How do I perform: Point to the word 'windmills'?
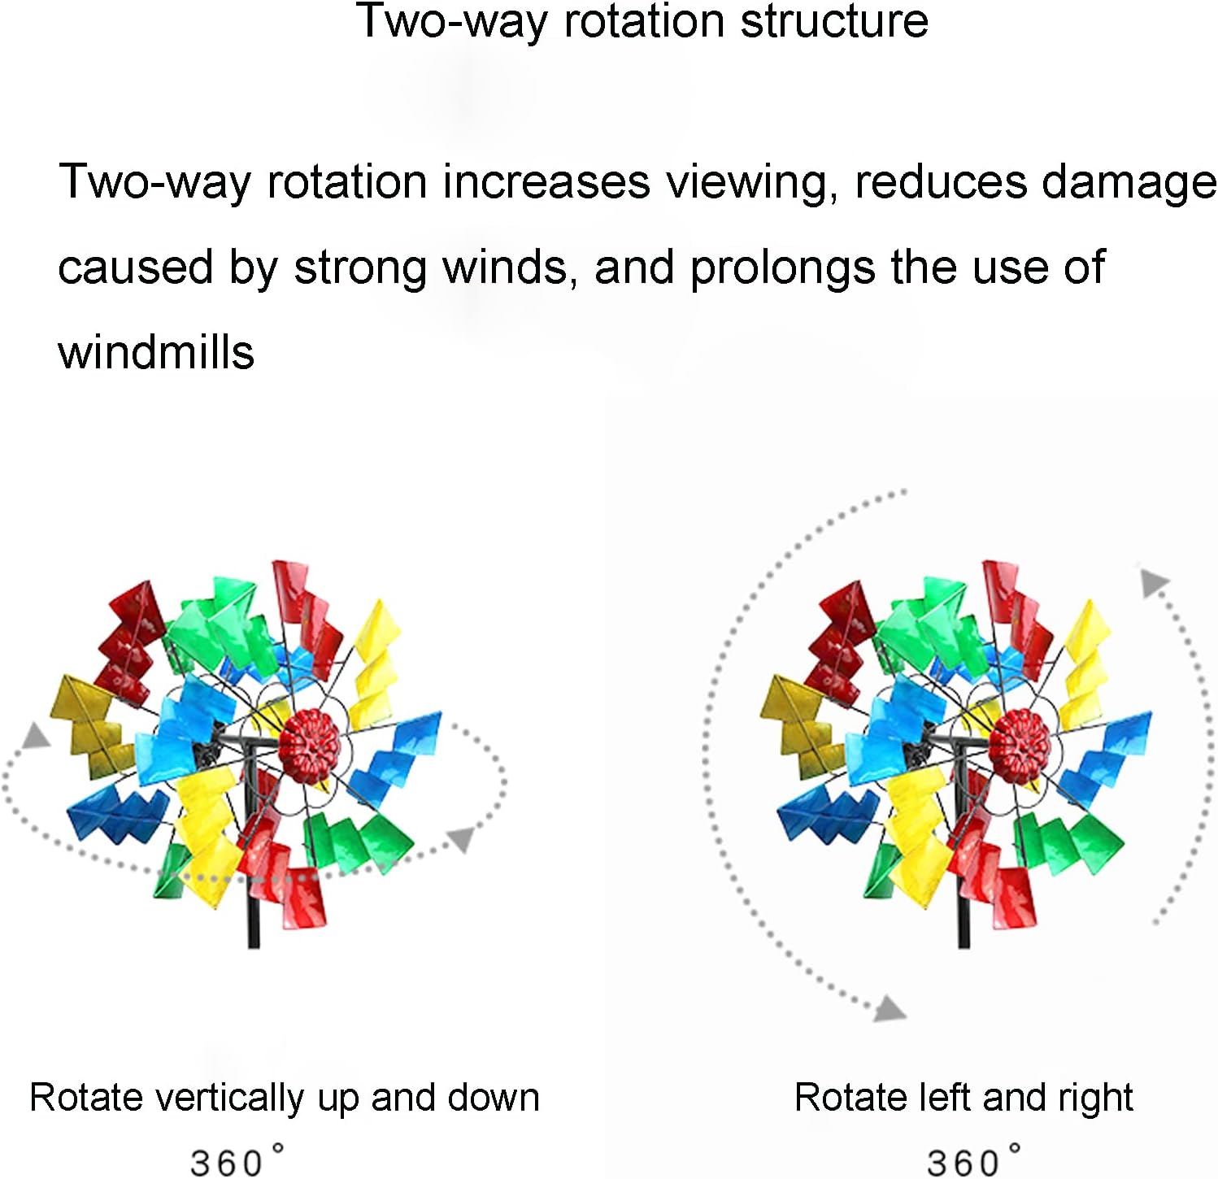pyautogui.click(x=156, y=352)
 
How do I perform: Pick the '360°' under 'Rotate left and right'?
pyautogui.click(x=973, y=1160)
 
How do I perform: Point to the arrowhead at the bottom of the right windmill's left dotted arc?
pyautogui.click(x=890, y=1009)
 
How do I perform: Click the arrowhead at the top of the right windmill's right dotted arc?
pyautogui.click(x=1154, y=582)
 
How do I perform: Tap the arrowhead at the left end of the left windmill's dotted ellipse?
pyautogui.click(x=36, y=735)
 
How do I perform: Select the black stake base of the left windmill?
pyautogui.click(x=254, y=919)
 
